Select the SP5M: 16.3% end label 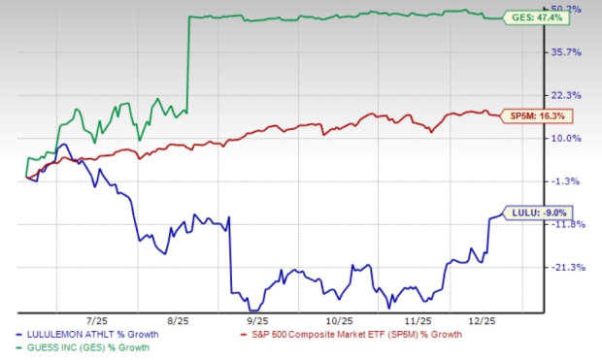[537, 116]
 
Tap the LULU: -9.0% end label [533, 213]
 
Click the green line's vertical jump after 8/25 [186, 63]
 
